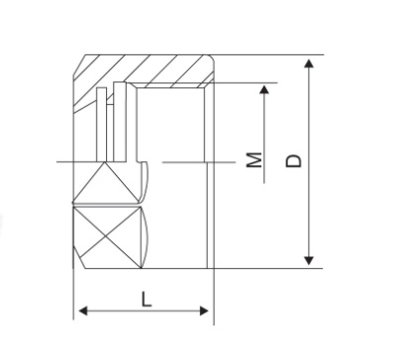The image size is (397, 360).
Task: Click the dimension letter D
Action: click(x=293, y=160)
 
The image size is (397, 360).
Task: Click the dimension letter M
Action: click(x=254, y=160)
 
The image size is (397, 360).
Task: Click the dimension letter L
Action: click(x=147, y=299)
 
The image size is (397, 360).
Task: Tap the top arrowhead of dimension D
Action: click(x=309, y=63)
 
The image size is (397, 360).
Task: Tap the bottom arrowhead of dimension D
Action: click(x=309, y=261)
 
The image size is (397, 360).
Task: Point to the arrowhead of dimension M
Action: click(x=264, y=90)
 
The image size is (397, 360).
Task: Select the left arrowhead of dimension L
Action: click(x=83, y=311)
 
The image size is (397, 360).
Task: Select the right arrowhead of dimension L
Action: click(x=204, y=311)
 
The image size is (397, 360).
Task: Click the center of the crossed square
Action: click(x=106, y=237)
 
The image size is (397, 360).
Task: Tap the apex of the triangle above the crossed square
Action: click(x=105, y=162)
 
